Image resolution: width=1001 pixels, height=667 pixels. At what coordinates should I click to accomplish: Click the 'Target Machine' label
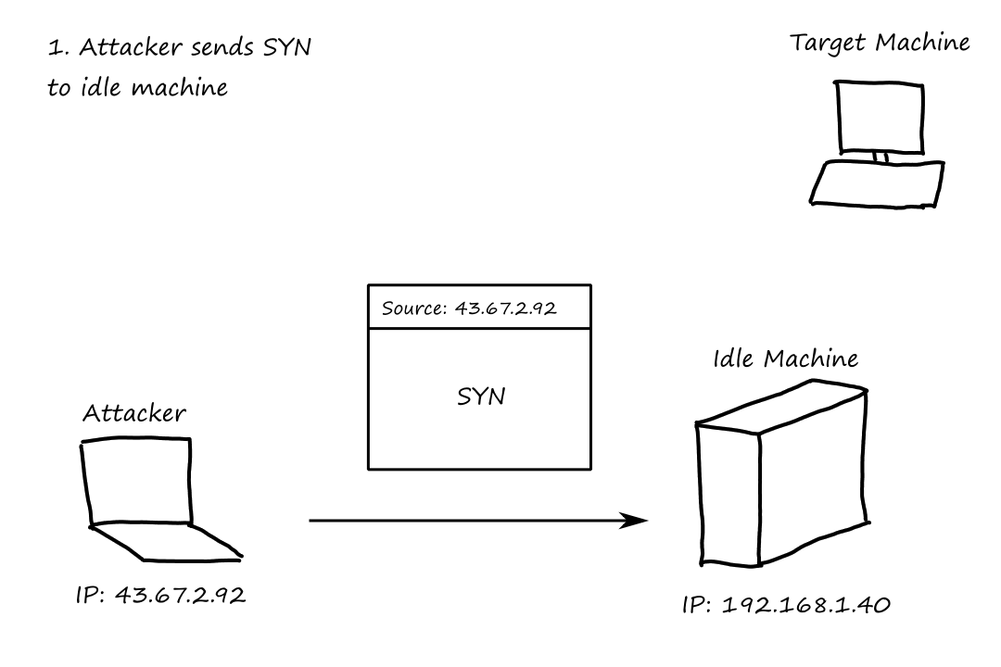tap(880, 44)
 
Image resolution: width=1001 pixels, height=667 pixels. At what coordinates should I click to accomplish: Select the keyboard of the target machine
tap(877, 183)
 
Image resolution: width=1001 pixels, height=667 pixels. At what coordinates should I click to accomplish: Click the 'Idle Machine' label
tap(785, 359)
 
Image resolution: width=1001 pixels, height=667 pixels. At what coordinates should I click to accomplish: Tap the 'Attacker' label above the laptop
tap(134, 413)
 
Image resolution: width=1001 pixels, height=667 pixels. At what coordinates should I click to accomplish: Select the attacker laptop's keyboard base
tap(166, 543)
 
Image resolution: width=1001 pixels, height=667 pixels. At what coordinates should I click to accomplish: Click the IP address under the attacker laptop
tap(160, 595)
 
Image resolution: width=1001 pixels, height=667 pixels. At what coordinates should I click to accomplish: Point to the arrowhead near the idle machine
tap(634, 521)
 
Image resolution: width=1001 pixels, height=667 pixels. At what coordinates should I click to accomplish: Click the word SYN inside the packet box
tap(481, 396)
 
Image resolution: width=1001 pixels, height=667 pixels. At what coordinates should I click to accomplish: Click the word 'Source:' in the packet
tap(414, 308)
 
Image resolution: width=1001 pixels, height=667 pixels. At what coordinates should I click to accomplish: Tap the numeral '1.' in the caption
tap(58, 48)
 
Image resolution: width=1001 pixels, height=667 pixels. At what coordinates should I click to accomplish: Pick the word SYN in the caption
tap(286, 47)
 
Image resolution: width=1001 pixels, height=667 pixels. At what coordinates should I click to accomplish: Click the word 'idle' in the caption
tap(102, 86)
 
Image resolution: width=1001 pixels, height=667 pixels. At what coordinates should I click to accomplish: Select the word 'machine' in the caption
tap(180, 87)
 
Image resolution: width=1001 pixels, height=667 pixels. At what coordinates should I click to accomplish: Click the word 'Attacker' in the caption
tap(131, 47)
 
